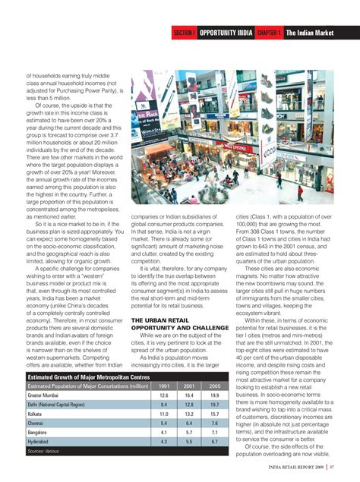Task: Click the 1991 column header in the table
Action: pyautogui.click(x=164, y=386)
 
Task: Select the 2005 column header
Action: pyautogui.click(x=215, y=386)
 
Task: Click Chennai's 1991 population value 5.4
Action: pyautogui.click(x=164, y=424)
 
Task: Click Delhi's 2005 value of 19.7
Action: pyautogui.click(x=215, y=405)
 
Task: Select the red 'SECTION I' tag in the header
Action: pyautogui.click(x=185, y=33)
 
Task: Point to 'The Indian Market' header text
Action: pyautogui.click(x=311, y=33)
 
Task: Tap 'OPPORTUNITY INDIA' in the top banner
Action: pyautogui.click(x=226, y=33)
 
